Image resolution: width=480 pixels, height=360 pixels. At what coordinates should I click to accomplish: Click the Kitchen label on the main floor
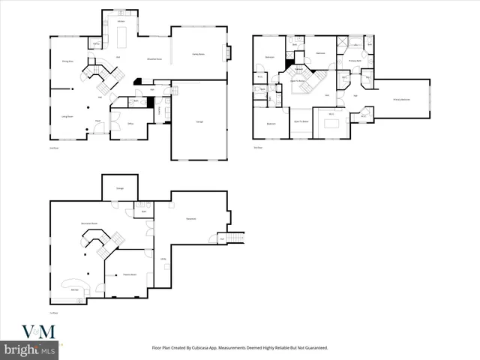point(121,22)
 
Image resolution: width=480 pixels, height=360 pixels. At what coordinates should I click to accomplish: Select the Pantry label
point(97,43)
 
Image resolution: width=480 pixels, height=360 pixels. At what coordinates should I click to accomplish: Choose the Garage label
point(200,121)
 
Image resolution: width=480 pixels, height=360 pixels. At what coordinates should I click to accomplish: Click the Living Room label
point(56,117)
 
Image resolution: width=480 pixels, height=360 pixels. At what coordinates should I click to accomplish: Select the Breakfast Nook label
point(150,58)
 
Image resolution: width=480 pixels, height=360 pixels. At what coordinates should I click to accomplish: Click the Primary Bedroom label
point(402,99)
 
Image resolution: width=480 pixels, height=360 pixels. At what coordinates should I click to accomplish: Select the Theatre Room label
point(130,274)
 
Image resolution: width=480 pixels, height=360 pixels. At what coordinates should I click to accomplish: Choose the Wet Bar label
point(75,289)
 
